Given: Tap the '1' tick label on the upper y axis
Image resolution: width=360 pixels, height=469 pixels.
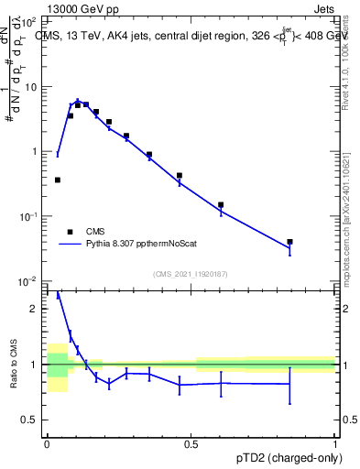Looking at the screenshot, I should (x=35, y=151).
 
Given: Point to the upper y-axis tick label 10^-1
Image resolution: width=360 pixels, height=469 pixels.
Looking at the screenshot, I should (x=29, y=215).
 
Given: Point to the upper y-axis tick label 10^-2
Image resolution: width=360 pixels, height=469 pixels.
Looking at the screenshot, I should (x=29, y=280).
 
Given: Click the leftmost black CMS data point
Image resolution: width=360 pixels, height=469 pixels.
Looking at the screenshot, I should (x=58, y=180).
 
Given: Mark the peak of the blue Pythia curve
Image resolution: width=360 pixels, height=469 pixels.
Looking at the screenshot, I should (x=78, y=101).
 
